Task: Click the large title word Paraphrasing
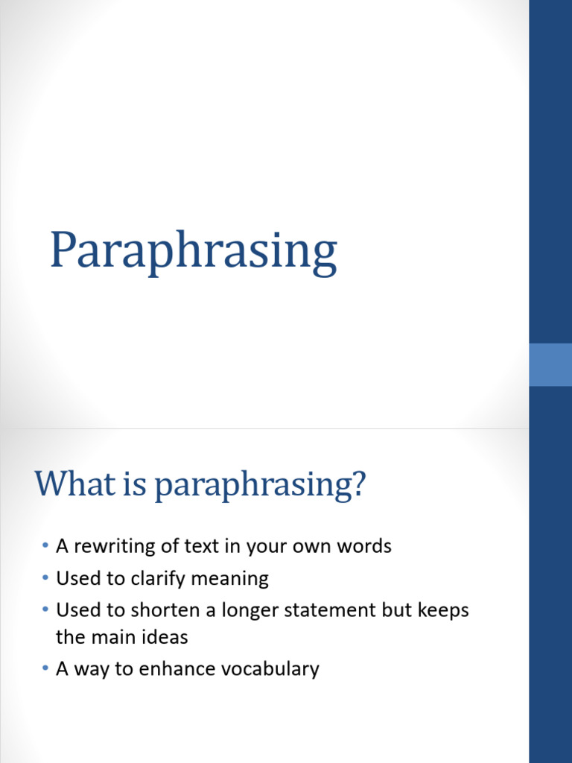[x=193, y=252]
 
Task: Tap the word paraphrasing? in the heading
[x=261, y=486]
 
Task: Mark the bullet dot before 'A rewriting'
[x=45, y=547]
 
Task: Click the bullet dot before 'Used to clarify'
[x=45, y=579]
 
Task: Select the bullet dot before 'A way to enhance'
[x=45, y=669]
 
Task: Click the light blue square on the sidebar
[x=550, y=364]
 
